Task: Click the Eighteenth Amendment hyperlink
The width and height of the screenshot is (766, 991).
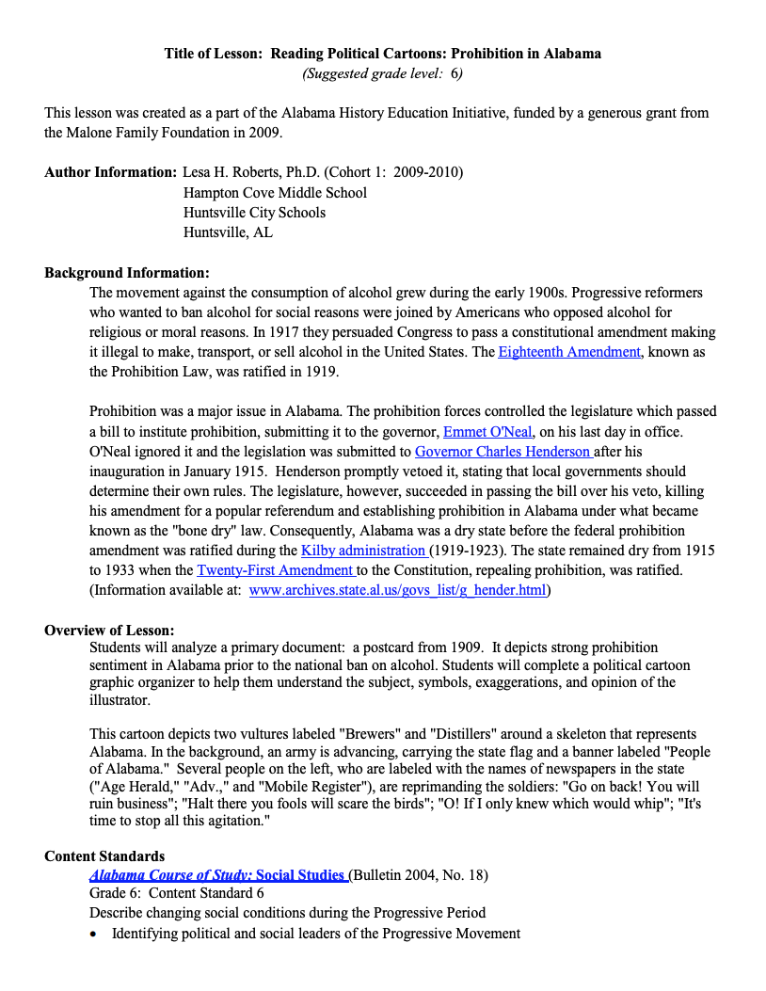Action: (568, 352)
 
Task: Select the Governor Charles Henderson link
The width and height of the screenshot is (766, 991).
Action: (503, 451)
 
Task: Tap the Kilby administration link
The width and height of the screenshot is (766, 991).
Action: (363, 550)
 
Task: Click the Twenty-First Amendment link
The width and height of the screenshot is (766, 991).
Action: (275, 569)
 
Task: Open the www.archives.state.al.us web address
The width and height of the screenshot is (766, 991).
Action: (397, 590)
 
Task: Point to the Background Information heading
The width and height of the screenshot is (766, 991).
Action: (126, 273)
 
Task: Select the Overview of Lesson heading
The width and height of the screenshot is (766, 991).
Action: (109, 630)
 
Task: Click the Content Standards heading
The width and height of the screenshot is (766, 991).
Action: (104, 855)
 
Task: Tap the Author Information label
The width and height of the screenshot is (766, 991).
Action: (110, 172)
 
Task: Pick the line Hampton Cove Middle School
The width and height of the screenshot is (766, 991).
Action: (275, 192)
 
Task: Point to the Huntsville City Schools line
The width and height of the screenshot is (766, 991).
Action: (254, 212)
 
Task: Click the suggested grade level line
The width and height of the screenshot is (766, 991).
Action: (382, 72)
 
